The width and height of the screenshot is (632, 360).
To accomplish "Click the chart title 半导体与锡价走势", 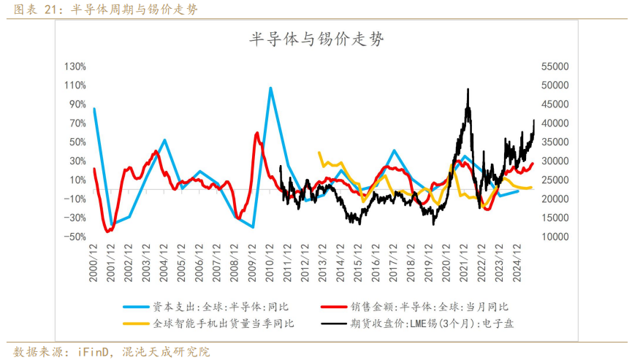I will click(x=316, y=40).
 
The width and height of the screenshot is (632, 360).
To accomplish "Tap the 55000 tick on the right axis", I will click(x=554, y=66).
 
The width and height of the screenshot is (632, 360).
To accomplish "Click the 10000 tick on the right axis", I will click(x=554, y=237).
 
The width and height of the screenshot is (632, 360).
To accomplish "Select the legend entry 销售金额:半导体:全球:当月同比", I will click(x=438, y=307).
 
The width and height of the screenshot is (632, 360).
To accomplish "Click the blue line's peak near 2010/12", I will click(x=270, y=88).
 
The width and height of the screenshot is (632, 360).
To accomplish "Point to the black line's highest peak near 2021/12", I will click(x=468, y=90).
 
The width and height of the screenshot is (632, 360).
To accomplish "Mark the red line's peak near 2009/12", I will click(x=257, y=133).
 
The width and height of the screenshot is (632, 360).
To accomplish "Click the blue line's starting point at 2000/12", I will click(x=94, y=109).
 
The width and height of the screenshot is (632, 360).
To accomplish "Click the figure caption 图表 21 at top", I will click(x=34, y=9).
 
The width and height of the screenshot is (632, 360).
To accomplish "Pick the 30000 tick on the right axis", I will click(x=554, y=161).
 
